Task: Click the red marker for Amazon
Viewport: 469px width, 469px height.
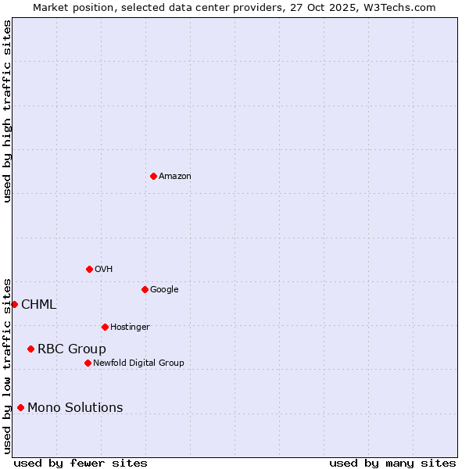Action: pos(153,176)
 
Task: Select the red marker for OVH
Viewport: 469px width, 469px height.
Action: pos(89,269)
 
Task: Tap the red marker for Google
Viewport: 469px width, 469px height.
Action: pos(145,289)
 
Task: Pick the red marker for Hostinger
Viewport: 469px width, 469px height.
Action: pos(105,327)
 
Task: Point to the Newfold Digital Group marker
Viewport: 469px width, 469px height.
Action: pos(88,363)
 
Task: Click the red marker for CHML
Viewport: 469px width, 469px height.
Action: pos(14,304)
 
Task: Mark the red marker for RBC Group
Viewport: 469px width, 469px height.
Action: pos(30,349)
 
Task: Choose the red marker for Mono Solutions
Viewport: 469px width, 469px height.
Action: pos(20,407)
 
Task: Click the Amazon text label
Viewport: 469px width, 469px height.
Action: pos(175,177)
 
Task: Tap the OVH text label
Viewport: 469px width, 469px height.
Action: pos(104,270)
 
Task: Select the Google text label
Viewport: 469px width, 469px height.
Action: pos(164,290)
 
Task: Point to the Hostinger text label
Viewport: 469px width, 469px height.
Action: pos(130,328)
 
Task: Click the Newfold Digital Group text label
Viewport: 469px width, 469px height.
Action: pos(138,363)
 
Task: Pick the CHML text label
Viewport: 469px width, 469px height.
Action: pos(38,305)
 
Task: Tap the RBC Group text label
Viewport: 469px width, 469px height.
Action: pos(72,349)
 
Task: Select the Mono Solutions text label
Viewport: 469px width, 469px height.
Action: pos(75,408)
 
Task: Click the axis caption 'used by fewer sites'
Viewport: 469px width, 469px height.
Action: pos(81,463)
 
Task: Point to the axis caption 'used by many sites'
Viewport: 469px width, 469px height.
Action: pos(392,463)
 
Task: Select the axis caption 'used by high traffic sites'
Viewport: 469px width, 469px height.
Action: pos(7,111)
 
